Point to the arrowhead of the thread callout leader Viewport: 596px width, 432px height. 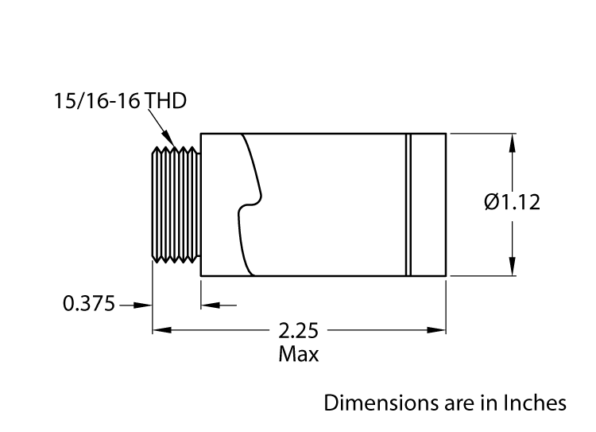point(168,140)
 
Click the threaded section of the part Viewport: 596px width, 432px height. point(175,204)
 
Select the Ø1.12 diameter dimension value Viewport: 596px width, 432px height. point(512,202)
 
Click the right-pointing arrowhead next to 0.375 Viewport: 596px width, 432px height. point(144,304)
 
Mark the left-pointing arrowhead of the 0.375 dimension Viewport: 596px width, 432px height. point(209,304)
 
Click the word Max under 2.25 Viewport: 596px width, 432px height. point(298,354)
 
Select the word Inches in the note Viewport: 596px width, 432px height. point(537,403)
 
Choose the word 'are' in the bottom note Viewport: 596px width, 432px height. point(445,403)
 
